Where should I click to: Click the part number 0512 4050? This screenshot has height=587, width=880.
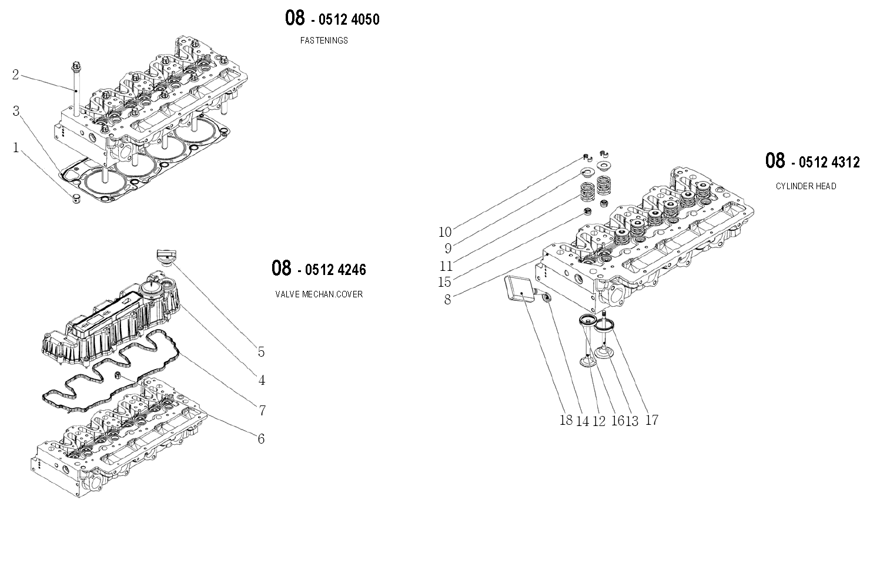tap(349, 19)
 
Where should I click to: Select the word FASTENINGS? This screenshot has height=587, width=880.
tap(324, 41)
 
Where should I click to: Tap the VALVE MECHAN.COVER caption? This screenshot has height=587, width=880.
tap(319, 294)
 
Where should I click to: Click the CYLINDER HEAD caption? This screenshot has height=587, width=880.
tap(805, 186)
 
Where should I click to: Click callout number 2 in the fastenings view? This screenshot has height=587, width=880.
tap(16, 75)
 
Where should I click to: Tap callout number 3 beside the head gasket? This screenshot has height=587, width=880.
tap(16, 111)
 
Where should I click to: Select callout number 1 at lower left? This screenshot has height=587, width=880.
tap(16, 147)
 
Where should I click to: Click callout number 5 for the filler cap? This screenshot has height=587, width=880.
tap(261, 352)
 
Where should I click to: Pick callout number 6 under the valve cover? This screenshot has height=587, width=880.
tap(261, 438)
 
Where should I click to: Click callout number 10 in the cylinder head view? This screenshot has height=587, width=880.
tap(445, 232)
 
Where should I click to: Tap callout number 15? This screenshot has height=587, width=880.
tap(444, 282)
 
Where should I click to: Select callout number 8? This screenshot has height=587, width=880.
tap(448, 300)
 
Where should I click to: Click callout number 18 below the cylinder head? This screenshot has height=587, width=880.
tap(566, 420)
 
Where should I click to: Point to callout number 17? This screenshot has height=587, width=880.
tap(651, 420)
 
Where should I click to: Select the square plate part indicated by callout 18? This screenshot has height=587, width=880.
tap(520, 289)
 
